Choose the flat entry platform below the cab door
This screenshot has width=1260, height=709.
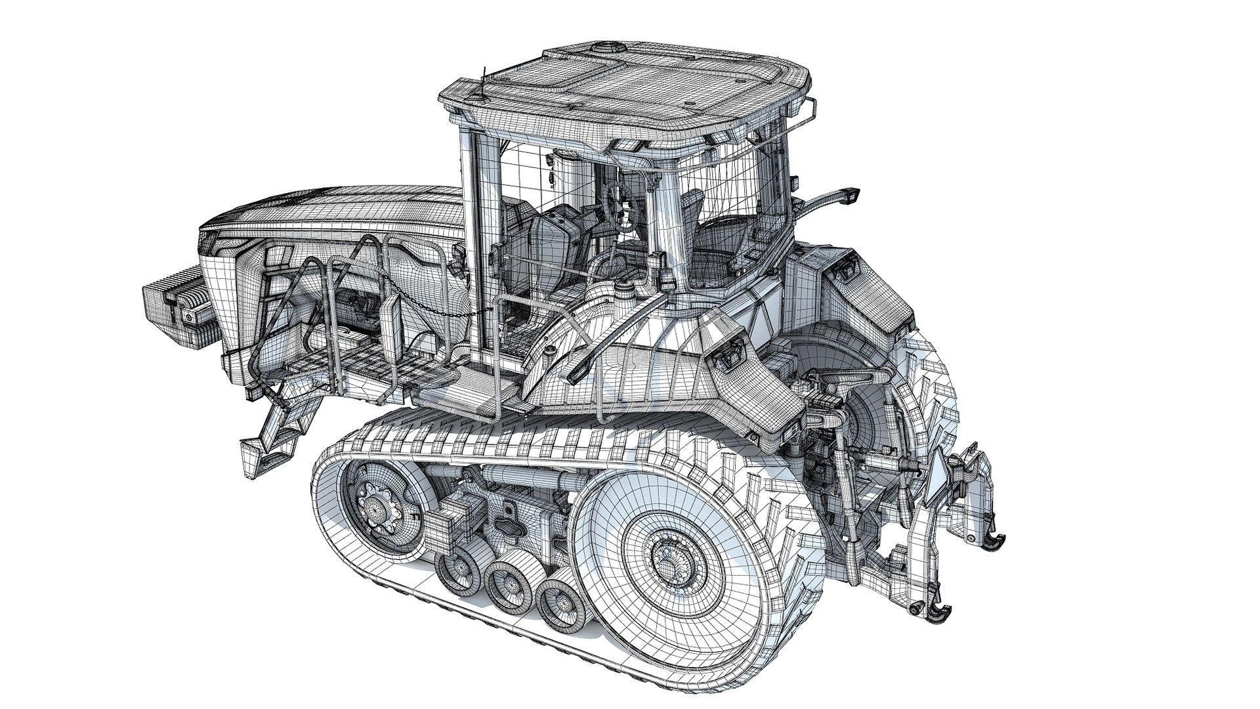(x=459, y=394)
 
